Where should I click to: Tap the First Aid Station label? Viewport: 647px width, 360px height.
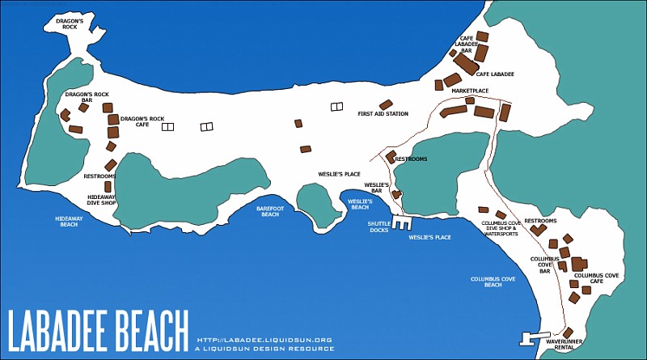(x=383, y=114)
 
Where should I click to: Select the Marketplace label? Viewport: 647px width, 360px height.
(x=470, y=91)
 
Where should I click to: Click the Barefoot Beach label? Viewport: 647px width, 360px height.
(x=268, y=211)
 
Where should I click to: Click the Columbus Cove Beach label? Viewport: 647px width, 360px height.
(x=493, y=282)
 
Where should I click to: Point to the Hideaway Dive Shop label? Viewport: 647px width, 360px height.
(x=101, y=200)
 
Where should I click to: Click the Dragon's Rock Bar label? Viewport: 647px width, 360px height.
(x=82, y=97)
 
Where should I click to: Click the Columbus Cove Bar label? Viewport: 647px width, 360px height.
(x=539, y=265)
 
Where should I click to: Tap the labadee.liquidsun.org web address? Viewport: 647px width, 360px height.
(x=265, y=340)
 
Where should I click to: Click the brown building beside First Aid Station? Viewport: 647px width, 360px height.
(x=386, y=104)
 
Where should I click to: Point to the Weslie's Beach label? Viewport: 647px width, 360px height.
(x=359, y=204)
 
